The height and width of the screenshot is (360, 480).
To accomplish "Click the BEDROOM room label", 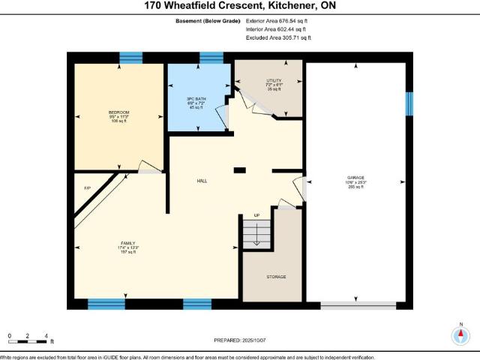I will point(119,112).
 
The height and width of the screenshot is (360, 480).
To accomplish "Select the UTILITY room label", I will point(274,81).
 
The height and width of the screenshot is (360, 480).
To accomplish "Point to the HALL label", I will point(202,181).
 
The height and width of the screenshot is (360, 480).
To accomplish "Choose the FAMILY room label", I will point(129,244).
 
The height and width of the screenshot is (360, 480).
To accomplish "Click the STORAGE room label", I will point(275,277).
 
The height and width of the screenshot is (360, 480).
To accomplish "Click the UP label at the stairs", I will point(256,216).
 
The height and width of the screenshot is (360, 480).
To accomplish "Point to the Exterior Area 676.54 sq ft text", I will point(278,21).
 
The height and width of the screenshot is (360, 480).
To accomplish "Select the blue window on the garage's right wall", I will point(409,104).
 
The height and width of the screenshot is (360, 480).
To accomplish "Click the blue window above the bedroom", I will point(131,58).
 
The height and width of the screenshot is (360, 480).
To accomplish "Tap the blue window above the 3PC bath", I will point(211,58).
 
